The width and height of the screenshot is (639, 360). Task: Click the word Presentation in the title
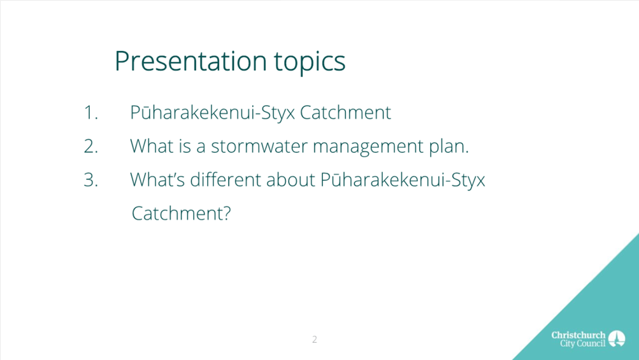point(190,61)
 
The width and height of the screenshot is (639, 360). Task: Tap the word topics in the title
point(310,62)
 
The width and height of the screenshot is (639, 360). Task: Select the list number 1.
point(90,113)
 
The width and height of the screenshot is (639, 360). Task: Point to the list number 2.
point(91,146)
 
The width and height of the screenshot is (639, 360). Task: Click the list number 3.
point(91,180)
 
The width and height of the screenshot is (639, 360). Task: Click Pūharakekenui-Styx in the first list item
point(212,113)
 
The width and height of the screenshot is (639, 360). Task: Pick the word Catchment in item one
point(345,113)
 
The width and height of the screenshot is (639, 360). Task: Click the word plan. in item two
point(449,147)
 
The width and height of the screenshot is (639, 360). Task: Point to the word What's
point(158,180)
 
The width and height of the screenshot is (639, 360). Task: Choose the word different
point(226,180)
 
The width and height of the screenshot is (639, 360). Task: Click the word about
point(291,180)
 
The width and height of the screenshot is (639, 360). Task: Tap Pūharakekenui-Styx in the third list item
point(403,180)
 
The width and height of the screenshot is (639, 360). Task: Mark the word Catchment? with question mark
point(182,213)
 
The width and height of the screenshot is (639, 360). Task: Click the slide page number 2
point(315,339)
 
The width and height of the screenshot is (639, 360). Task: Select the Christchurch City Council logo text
point(578,339)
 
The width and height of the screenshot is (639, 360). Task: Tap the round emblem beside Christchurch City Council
point(617,339)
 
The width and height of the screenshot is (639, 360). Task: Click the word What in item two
point(152,146)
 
